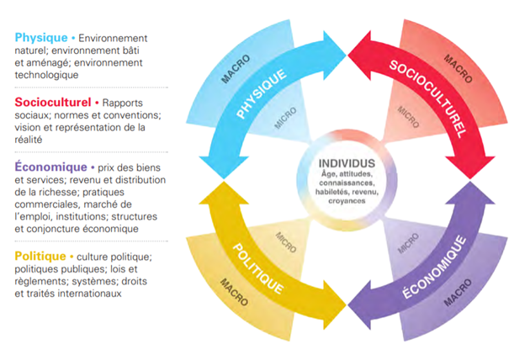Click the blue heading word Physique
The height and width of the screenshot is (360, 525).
[x=41, y=38]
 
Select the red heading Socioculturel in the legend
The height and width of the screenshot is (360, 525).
[x=53, y=102]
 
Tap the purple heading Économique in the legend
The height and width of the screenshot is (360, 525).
[x=50, y=167]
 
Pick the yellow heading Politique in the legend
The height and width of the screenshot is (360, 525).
[x=40, y=257]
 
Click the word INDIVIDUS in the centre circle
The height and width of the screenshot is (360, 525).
[x=347, y=163]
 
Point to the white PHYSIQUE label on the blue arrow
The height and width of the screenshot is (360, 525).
[x=262, y=93]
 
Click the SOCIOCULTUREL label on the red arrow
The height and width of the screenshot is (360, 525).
[x=427, y=99]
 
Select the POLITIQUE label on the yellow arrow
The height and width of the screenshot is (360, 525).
[x=257, y=269]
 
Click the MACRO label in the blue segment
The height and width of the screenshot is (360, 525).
[x=236, y=69]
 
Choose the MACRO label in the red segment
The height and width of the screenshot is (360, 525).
[x=458, y=69]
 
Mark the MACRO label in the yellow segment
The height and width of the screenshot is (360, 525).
[x=234, y=292]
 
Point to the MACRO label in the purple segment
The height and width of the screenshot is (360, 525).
[x=458, y=293]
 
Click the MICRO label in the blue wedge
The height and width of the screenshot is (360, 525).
[x=285, y=118]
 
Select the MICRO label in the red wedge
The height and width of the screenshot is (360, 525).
[x=408, y=117]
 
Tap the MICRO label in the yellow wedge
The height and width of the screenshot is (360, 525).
[x=285, y=242]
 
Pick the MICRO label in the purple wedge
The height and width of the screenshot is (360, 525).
[x=408, y=243]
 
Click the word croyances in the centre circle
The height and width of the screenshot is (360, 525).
[x=347, y=201]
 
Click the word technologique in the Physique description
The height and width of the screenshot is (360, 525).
[x=46, y=75]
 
